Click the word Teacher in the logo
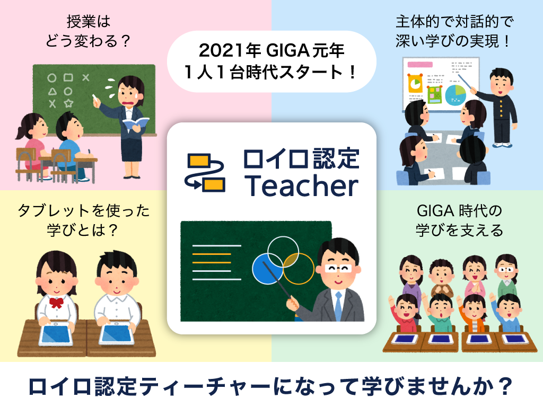[302, 185]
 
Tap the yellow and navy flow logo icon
[205, 172]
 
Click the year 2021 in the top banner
[221, 50]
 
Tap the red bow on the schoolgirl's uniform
[56, 303]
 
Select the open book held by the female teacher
[135, 123]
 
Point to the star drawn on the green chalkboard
[68, 103]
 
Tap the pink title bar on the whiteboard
[420, 64]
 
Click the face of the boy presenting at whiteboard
[501, 85]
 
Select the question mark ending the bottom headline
[506, 386]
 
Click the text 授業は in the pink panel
[89, 22]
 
